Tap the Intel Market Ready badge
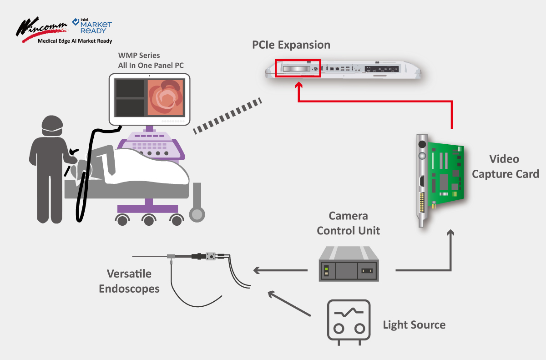(92, 26)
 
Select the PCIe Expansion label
(291, 45)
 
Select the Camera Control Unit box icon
(349, 264)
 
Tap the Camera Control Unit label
(349, 223)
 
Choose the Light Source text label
(414, 325)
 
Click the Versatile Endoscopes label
(129, 281)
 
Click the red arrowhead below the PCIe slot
(298, 86)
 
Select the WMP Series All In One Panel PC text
(151, 61)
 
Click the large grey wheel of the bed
(197, 213)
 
